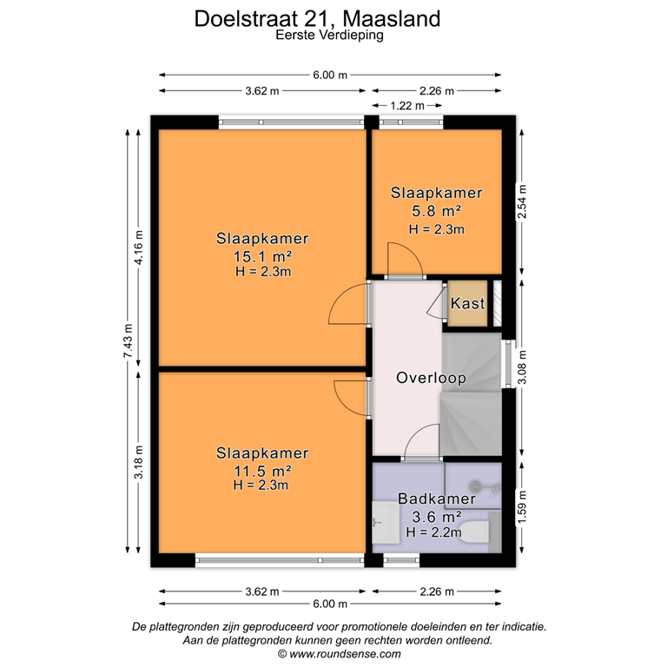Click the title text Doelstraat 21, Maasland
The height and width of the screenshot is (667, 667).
point(329,17)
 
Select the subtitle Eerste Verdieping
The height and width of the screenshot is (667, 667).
point(329,36)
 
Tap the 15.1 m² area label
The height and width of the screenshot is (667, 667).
point(262,256)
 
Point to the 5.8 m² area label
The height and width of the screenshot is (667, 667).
point(436,211)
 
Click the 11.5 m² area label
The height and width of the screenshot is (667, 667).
point(262,471)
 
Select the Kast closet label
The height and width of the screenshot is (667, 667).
point(467,305)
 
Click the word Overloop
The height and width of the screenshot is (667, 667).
point(431,378)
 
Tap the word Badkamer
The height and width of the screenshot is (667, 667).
point(437,499)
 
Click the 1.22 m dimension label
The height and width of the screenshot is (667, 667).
point(406,105)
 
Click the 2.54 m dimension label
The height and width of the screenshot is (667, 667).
point(522,205)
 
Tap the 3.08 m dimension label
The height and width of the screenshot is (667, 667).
point(522,365)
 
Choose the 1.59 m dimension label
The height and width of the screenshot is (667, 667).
point(522,505)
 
